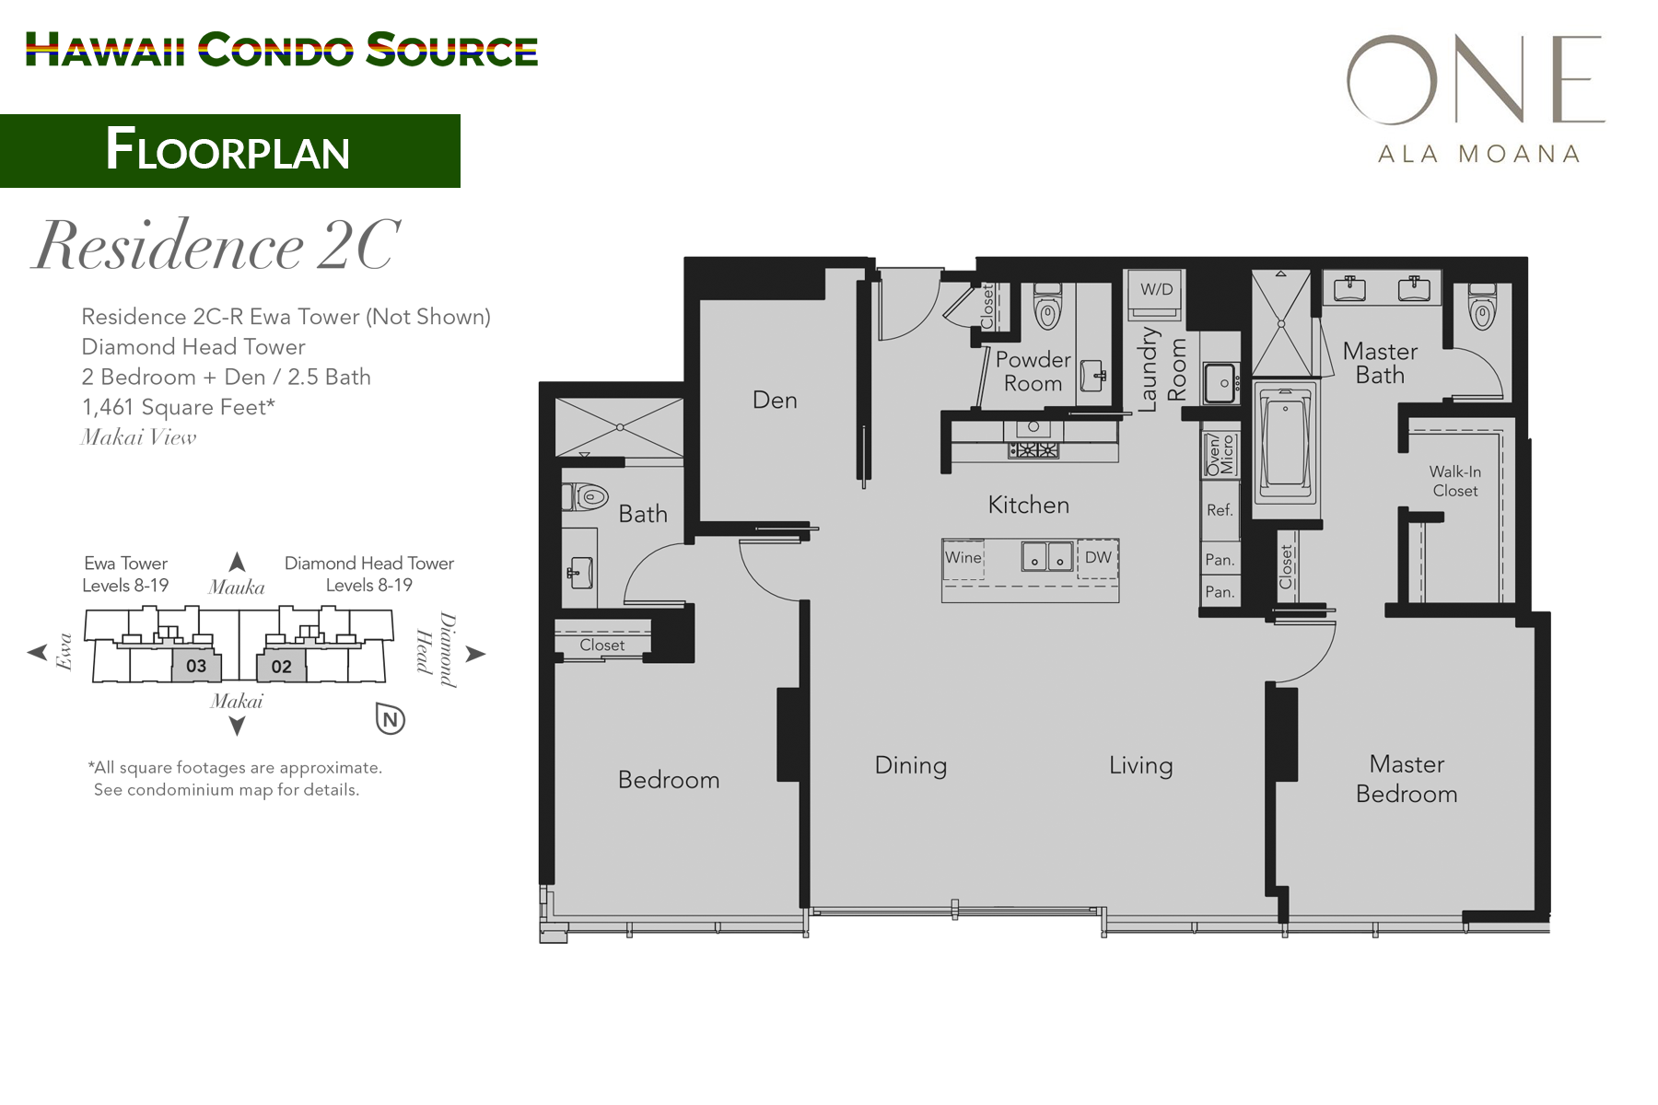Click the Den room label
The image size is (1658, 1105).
click(775, 400)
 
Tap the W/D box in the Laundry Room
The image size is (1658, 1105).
click(1156, 289)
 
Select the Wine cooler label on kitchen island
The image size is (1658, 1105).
click(963, 557)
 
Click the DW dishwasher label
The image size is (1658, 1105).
click(1097, 557)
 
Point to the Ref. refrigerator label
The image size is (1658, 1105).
click(1220, 510)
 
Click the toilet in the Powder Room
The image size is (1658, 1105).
click(1047, 308)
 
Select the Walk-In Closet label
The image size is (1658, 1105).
click(1454, 481)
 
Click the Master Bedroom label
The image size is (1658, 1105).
click(1407, 779)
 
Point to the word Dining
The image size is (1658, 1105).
click(910, 765)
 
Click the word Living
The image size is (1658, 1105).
click(1140, 765)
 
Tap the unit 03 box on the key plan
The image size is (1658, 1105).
click(196, 666)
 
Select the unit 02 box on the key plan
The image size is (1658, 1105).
click(281, 667)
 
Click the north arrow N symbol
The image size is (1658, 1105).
click(391, 719)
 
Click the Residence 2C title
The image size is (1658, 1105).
click(216, 246)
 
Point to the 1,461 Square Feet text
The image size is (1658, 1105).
click(178, 407)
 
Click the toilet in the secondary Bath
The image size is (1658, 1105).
click(588, 498)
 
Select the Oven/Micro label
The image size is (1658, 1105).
click(1220, 454)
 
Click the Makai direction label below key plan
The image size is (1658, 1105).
click(236, 702)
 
